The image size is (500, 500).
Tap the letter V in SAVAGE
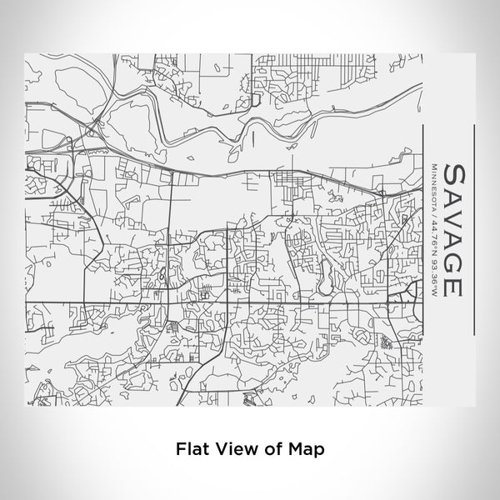coord(454,217)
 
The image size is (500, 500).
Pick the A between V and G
coord(454,240)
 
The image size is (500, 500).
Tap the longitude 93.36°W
coord(435,268)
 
